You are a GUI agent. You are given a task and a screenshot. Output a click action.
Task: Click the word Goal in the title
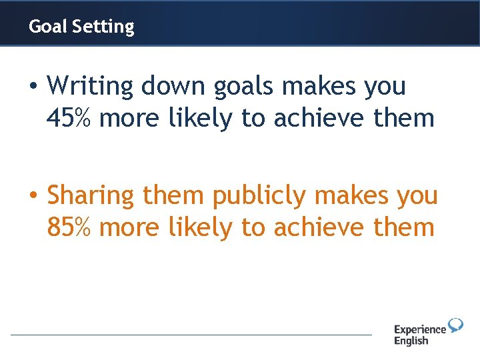coord(48,27)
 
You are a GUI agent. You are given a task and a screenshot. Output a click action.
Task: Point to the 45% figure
coord(70,119)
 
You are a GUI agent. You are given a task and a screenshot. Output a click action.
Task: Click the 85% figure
coord(70,228)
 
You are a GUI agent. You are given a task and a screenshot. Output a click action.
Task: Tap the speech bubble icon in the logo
coord(455,325)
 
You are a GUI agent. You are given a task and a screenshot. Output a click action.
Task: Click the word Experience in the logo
coord(419,329)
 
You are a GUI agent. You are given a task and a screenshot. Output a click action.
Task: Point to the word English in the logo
coord(411,341)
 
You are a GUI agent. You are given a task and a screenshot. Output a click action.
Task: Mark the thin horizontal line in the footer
coord(191,335)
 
